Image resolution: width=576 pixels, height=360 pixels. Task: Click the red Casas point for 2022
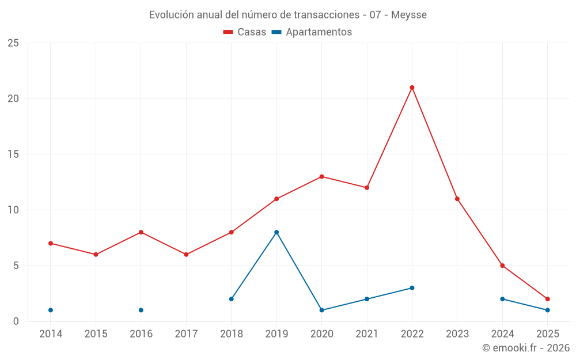412,88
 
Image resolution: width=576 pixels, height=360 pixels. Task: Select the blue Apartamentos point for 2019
276,232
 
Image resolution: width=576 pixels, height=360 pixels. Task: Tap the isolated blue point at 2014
51,310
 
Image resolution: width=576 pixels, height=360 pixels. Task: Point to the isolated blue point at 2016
141,310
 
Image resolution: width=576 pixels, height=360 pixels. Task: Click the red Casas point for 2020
321,176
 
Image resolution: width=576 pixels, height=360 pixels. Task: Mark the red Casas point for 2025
547,299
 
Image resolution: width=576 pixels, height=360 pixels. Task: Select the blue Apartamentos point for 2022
412,288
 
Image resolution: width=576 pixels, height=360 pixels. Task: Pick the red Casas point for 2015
96,255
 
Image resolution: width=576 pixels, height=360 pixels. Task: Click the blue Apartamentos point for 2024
502,299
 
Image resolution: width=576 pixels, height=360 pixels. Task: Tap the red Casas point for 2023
457,199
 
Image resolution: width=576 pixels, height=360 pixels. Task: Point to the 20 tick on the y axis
13,98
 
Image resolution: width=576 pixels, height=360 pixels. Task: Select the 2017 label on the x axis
186,334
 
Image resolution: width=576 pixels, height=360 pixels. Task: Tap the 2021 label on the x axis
366,334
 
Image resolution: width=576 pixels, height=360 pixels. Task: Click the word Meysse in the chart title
409,14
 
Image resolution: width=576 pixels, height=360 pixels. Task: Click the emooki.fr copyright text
526,348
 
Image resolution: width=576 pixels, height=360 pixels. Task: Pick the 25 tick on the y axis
13,43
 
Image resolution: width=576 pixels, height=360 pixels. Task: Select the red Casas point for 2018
231,232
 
